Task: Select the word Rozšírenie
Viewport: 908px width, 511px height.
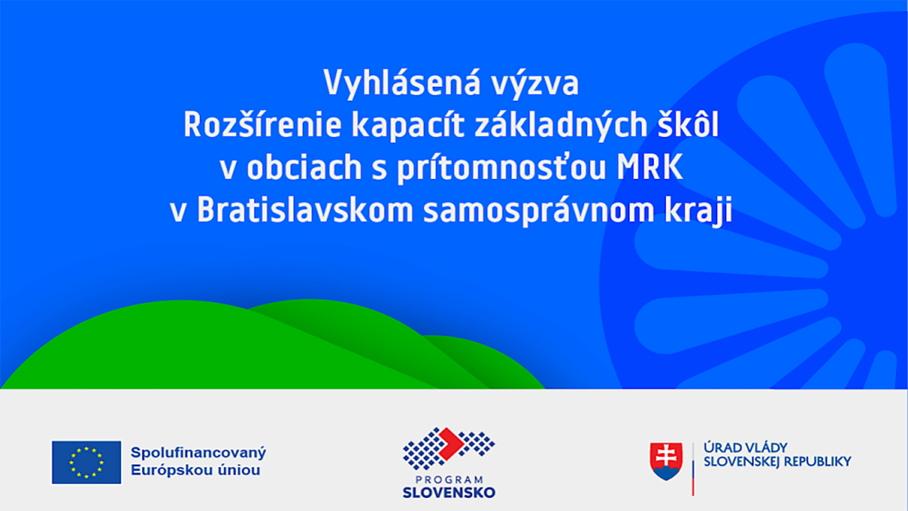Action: coord(263,125)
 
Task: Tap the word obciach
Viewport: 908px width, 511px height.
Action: coord(304,167)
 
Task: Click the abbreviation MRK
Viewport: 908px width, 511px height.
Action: coord(649,167)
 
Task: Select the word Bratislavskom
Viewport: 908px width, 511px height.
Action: coord(305,209)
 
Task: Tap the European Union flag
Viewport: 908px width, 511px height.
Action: coord(86,463)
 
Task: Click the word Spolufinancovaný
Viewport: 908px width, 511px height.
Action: coord(198,453)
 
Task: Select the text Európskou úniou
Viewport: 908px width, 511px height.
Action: coord(195,471)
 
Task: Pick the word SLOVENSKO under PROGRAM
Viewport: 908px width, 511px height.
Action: coord(449,493)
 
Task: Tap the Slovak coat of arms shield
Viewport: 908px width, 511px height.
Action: coord(666,461)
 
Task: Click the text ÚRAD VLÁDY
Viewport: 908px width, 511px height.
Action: coord(745,448)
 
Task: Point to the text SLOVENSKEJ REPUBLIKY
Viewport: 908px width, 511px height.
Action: coord(778,461)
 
